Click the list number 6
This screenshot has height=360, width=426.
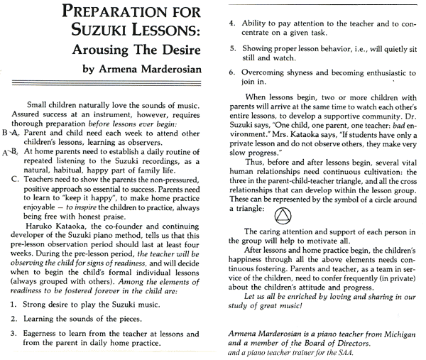(231, 72)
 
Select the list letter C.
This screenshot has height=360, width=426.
(16, 179)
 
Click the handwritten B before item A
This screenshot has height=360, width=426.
(5, 132)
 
